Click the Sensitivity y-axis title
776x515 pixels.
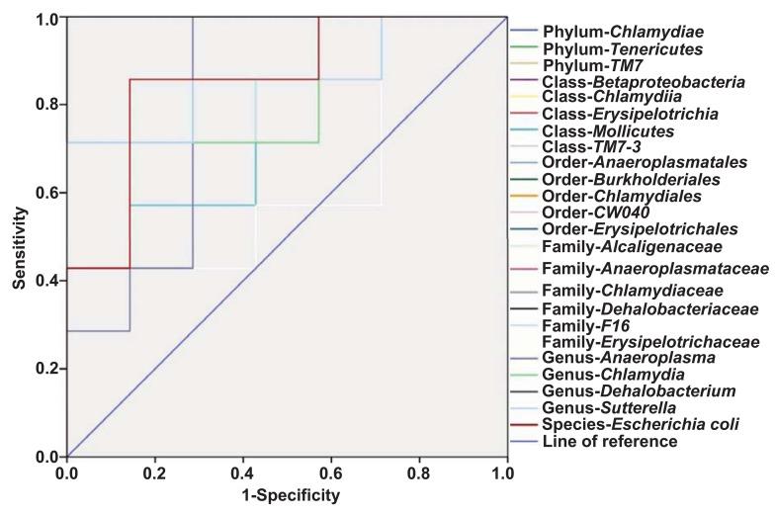click(20, 237)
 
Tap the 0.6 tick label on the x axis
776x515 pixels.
click(331, 473)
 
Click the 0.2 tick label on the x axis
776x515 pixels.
click(155, 473)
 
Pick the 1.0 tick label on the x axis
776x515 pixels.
click(507, 473)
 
